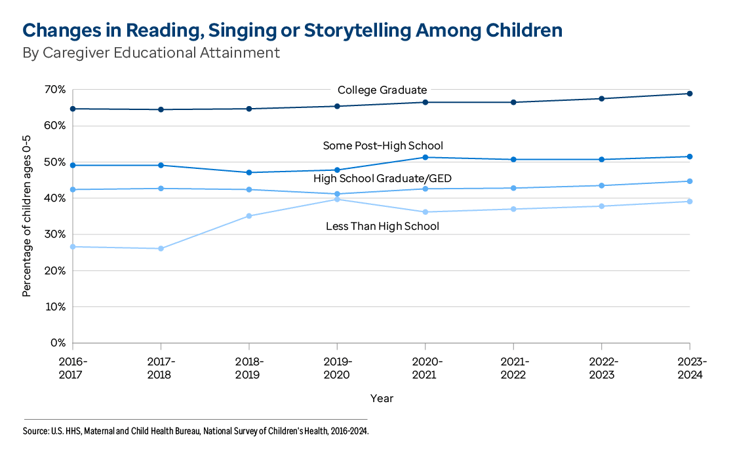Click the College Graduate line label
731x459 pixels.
pos(382,90)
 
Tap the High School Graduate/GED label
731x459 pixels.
pos(382,178)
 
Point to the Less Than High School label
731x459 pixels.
pos(382,227)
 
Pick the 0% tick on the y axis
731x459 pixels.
pos(57,342)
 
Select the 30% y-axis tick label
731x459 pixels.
pos(54,234)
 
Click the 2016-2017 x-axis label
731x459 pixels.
pos(73,368)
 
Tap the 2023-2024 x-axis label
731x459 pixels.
pos(689,368)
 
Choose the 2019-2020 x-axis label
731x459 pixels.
pos(337,368)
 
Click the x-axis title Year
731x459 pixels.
pos(382,398)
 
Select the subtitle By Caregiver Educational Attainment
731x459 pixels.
pos(151,53)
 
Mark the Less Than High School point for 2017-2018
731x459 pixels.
pos(161,249)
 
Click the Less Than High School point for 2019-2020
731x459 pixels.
pos(337,199)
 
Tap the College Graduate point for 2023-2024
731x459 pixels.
pos(689,94)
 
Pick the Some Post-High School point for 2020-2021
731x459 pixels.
pos(425,157)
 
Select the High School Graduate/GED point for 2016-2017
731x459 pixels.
pos(73,190)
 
